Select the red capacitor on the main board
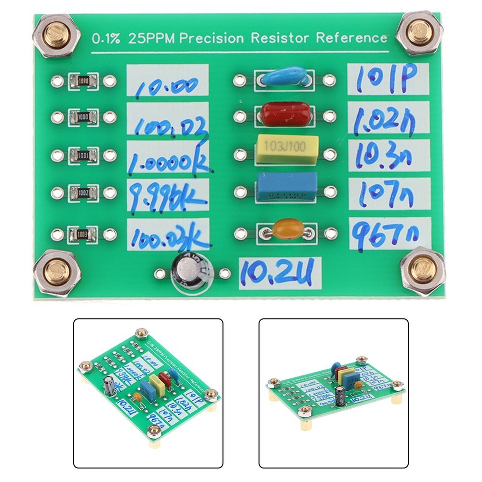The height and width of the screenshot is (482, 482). click(285, 113)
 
